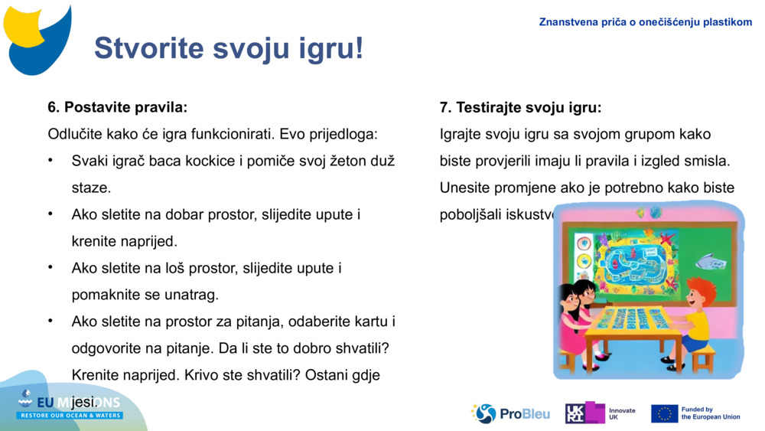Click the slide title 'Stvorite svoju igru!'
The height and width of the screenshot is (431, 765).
[x=228, y=48]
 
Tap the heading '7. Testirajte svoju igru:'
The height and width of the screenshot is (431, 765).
[x=520, y=107]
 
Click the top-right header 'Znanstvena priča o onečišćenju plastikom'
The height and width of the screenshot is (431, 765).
[x=645, y=22]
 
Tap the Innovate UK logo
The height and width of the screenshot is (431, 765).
[x=600, y=413]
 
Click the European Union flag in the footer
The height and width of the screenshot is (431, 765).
[x=664, y=413]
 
